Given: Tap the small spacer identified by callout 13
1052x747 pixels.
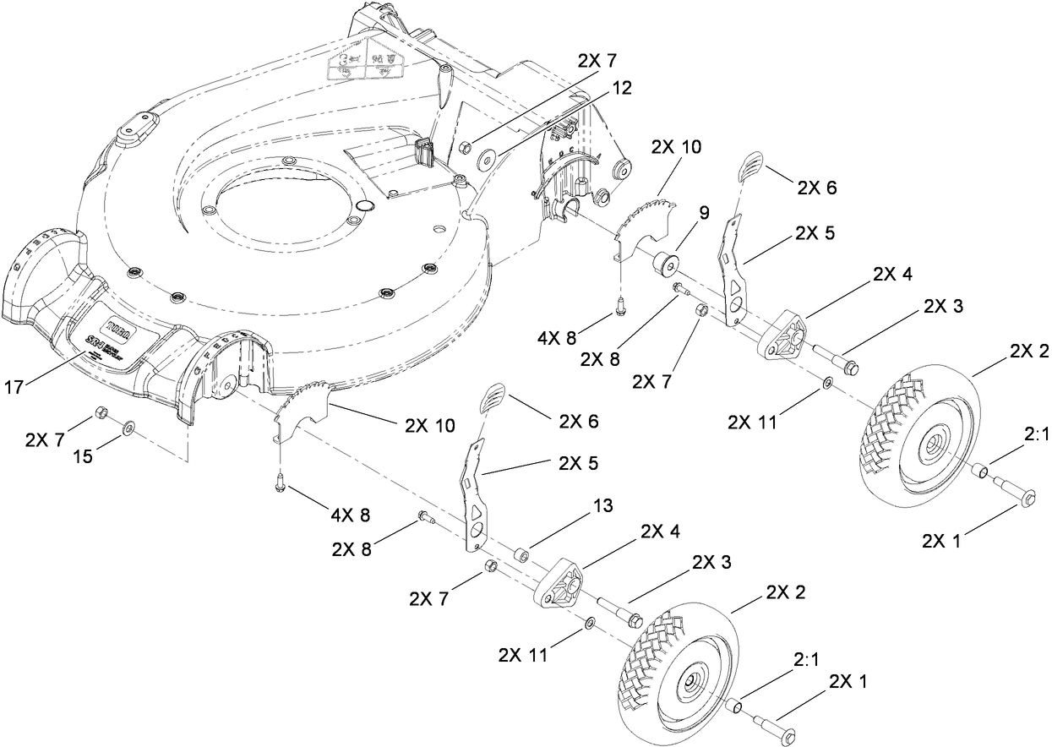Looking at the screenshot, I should [x=522, y=556].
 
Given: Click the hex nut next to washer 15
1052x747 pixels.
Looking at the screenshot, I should [x=100, y=412].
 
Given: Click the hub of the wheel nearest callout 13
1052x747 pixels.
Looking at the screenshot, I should [x=691, y=679].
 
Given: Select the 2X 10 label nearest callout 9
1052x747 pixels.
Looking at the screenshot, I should [x=676, y=145].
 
